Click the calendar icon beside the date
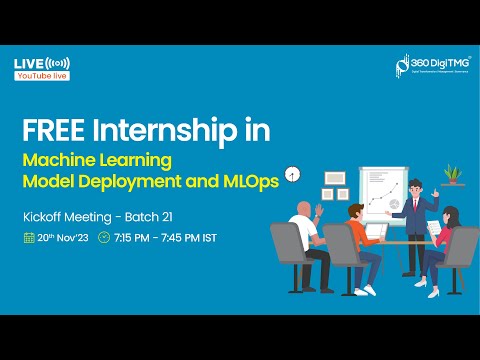[x=29, y=238]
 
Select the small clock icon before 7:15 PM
[x=103, y=238]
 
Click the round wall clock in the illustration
[x=292, y=174]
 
